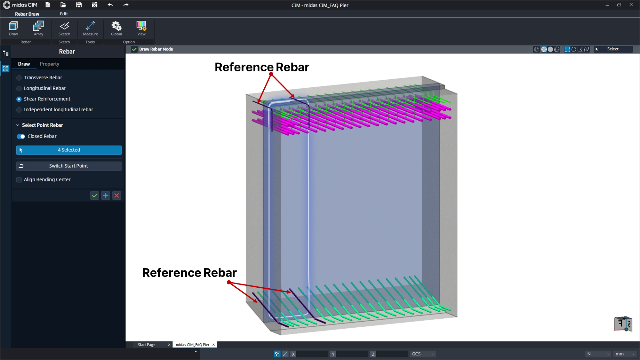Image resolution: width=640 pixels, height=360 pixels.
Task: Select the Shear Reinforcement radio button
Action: [x=19, y=99]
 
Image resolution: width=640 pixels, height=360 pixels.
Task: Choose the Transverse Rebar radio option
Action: [x=19, y=78]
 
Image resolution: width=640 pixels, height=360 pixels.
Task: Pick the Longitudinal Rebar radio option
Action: [x=19, y=88]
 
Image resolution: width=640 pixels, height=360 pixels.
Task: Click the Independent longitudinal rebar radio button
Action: [x=19, y=110]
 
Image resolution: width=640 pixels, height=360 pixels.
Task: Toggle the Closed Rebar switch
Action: [x=21, y=137]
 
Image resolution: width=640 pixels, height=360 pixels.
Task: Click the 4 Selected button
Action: [x=69, y=150]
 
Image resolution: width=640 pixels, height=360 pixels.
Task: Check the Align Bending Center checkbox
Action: [x=19, y=180]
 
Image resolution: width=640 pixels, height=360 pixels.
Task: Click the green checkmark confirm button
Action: [x=94, y=196]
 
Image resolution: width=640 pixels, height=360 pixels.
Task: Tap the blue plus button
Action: [x=106, y=196]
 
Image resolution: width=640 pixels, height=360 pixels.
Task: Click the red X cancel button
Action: [x=117, y=196]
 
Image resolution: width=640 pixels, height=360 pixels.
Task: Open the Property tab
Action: [x=49, y=64]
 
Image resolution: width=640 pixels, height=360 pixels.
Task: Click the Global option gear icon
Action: [x=116, y=26]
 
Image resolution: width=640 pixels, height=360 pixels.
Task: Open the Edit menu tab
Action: [x=64, y=14]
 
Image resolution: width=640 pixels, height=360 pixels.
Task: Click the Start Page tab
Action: [x=147, y=345]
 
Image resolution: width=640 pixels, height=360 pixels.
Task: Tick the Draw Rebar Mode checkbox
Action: [x=134, y=49]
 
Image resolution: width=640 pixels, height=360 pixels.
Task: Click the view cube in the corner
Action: [x=623, y=324]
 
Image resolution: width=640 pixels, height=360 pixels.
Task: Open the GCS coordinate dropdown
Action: [x=423, y=354]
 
